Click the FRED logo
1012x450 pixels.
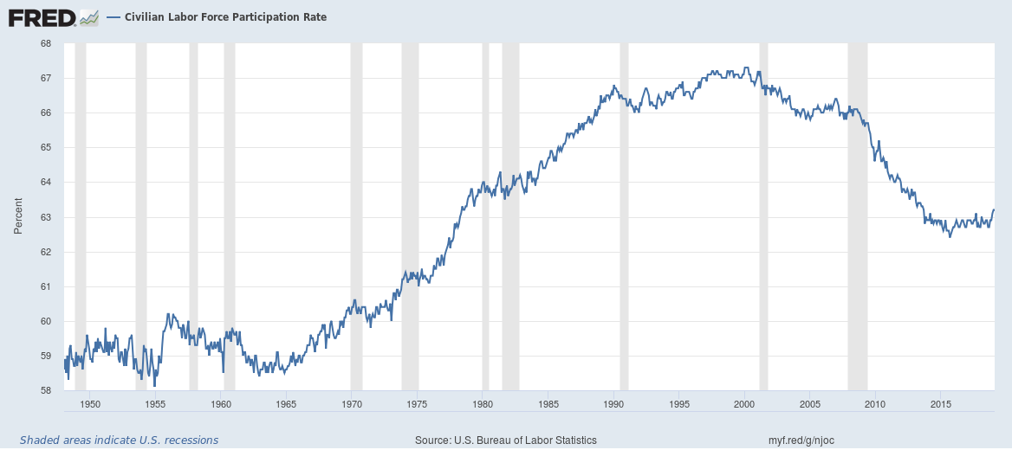(52, 16)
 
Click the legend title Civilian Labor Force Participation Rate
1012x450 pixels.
(225, 17)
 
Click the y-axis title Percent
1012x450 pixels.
(18, 216)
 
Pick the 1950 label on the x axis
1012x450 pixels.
(90, 404)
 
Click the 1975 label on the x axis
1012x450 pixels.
(417, 404)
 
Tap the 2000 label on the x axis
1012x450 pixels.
(745, 404)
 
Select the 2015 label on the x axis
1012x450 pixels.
(941, 404)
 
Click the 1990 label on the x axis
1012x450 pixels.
(613, 404)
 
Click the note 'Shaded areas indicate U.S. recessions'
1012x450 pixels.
(119, 440)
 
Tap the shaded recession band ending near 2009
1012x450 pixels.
(857, 216)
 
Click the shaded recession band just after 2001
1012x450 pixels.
(763, 216)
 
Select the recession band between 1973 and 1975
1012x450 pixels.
(410, 216)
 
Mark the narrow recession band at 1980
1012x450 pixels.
(485, 216)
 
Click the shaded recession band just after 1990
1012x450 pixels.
(624, 216)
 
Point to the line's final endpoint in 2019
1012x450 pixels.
(994, 209)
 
